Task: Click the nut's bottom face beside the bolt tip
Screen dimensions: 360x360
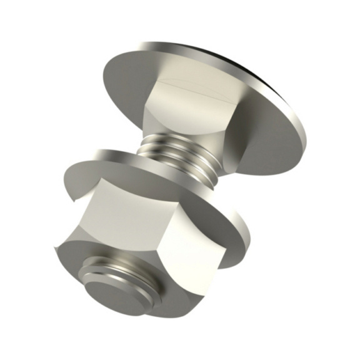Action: (x=75, y=262)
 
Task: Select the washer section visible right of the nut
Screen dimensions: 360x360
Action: (x=234, y=231)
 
